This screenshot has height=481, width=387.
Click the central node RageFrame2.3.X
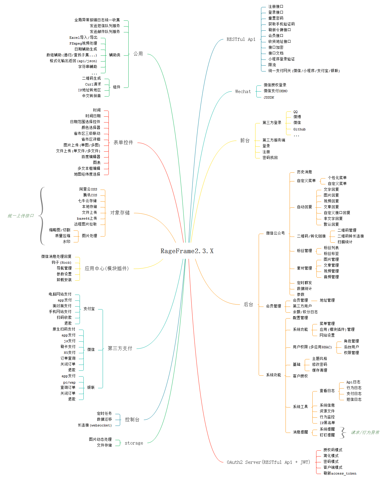187,251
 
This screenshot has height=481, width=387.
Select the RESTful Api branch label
241,39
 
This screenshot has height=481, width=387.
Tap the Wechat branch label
243,92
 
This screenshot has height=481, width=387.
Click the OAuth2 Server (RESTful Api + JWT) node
268,462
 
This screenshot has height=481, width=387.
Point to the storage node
134,443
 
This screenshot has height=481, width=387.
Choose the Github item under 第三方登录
299,129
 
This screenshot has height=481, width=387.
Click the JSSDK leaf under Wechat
269,97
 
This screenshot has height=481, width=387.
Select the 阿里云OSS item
88,189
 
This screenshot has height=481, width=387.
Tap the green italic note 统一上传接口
21,216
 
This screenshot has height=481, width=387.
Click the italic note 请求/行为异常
365,432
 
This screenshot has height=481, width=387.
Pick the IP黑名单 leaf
327,423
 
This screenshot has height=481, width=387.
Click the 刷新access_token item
340,473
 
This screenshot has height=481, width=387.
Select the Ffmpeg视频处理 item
83,43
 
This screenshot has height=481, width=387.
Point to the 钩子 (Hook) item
61,263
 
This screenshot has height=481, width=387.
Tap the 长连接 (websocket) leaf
94,425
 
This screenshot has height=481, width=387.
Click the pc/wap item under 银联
69,382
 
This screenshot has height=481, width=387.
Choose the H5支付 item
69,353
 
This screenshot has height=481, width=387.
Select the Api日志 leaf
353,382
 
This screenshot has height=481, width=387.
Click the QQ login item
295,112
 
